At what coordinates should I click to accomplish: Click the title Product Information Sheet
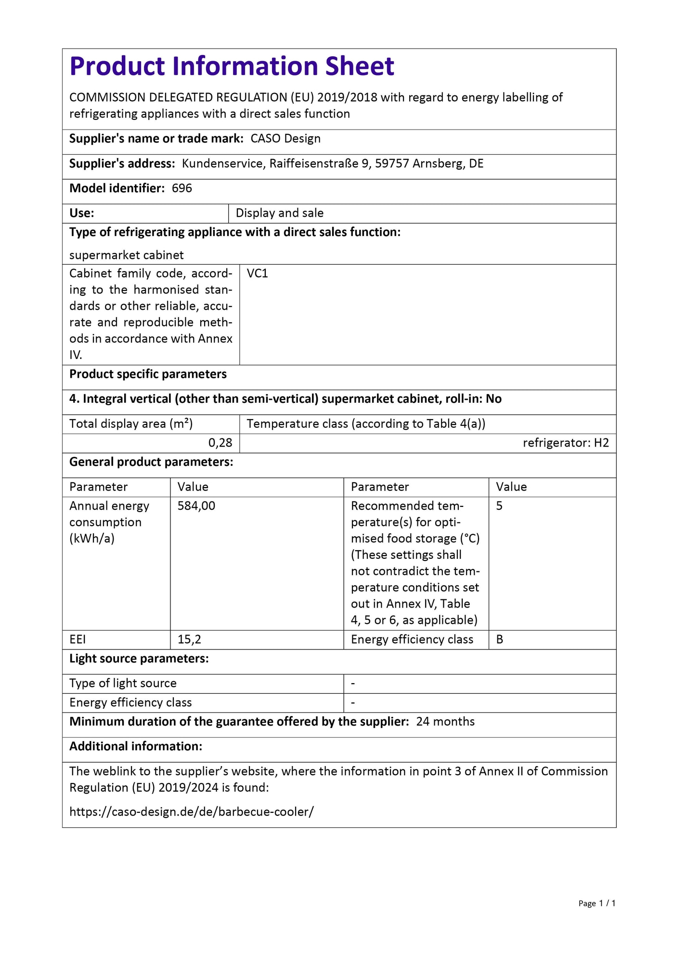[232, 66]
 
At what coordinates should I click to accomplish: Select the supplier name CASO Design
[285, 139]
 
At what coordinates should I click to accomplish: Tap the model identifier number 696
[181, 188]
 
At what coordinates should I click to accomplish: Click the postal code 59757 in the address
[392, 164]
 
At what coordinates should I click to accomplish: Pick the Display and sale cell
[279, 213]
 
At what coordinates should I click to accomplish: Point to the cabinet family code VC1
[257, 274]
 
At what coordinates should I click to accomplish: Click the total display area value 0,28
[220, 443]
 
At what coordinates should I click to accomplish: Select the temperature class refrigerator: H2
[566, 443]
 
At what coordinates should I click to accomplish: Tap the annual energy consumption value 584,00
[196, 506]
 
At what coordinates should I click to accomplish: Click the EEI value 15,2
[189, 639]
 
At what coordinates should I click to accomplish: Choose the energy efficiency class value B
[500, 639]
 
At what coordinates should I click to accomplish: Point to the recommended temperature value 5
[499, 506]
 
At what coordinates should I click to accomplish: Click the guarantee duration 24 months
[445, 721]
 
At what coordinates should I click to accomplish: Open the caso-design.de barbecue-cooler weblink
[192, 812]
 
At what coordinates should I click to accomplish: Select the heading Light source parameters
[139, 659]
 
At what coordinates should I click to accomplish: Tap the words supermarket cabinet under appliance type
[127, 255]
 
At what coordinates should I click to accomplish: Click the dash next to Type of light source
[353, 684]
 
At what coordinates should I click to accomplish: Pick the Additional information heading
[136, 746]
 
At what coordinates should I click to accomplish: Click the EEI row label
[78, 639]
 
